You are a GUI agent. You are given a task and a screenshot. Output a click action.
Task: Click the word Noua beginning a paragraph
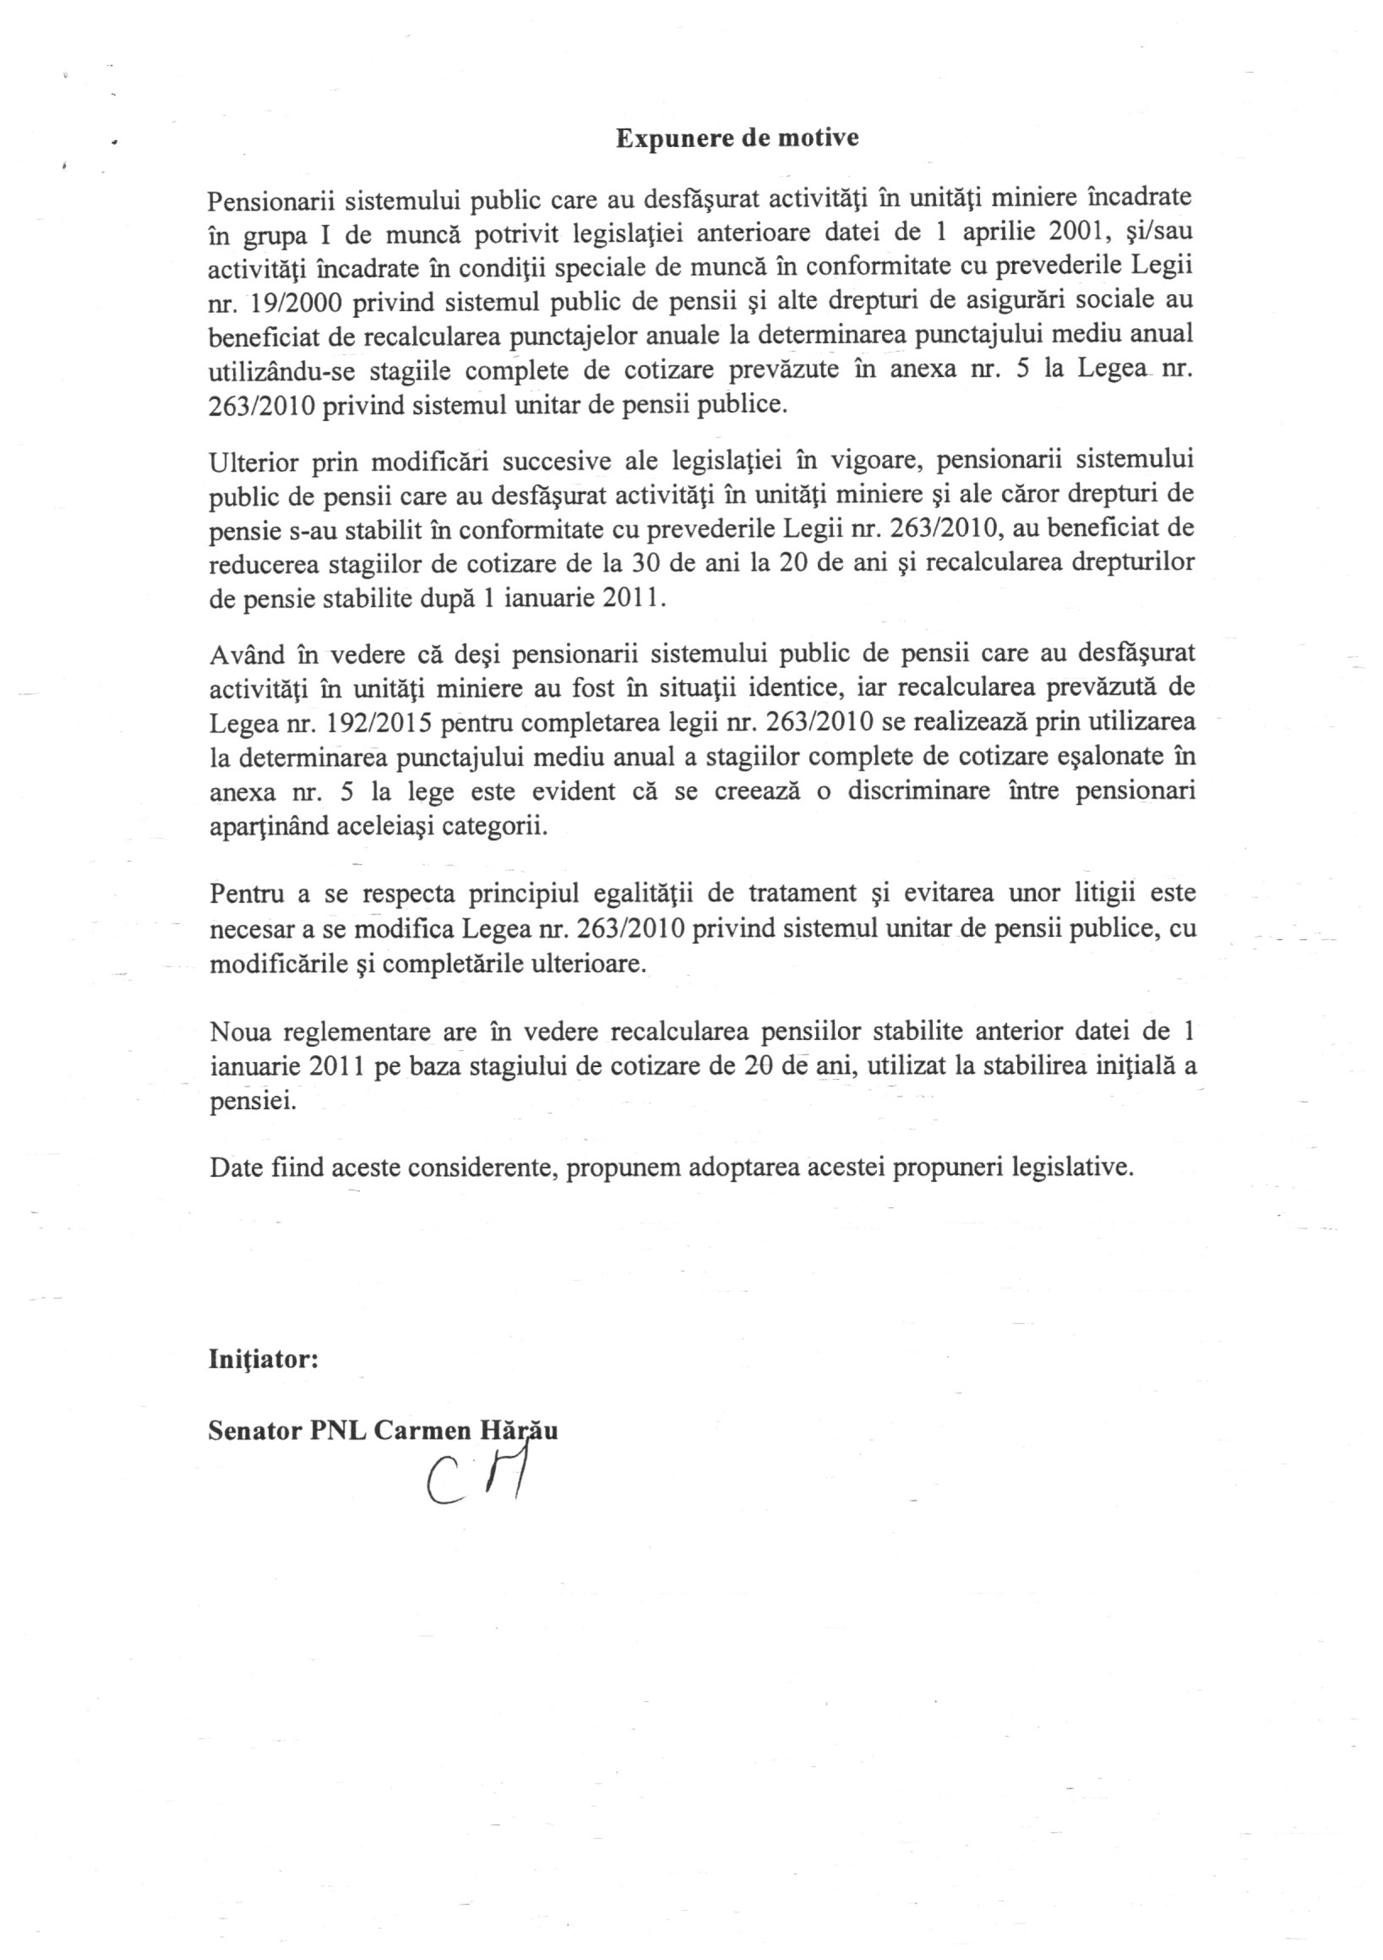(x=241, y=1032)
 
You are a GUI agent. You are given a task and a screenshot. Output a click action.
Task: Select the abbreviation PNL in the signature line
(x=338, y=1431)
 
